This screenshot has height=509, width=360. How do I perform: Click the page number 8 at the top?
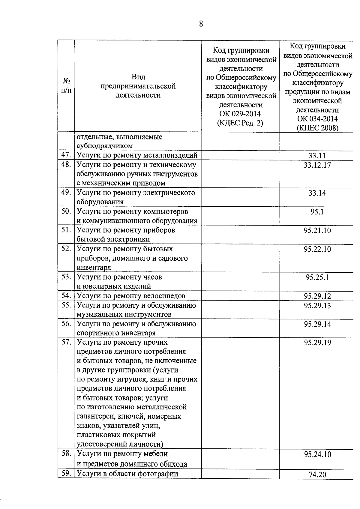(x=201, y=24)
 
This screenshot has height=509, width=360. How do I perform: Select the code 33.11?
(x=317, y=155)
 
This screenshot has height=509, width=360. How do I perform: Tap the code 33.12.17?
(x=317, y=165)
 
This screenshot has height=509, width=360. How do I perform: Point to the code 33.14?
(x=317, y=193)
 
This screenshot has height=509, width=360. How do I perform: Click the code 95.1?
(x=317, y=212)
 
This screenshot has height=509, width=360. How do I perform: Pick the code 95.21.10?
(x=317, y=230)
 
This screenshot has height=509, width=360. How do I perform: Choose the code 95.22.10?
(x=317, y=249)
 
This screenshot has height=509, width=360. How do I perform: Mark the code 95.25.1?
(x=317, y=277)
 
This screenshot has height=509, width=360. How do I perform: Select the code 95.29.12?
(x=317, y=296)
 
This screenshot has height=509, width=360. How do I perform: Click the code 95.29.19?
(x=317, y=343)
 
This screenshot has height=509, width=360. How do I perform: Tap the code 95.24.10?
(x=317, y=454)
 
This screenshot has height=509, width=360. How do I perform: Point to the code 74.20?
(x=317, y=475)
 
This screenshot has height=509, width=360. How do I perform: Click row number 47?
(x=66, y=155)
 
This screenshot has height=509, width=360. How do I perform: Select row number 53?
(x=66, y=277)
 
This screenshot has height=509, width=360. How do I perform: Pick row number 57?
(x=66, y=342)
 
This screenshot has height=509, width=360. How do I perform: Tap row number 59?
(x=66, y=473)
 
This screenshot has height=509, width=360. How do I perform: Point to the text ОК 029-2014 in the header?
(x=240, y=114)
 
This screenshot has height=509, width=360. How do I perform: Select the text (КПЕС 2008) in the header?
(x=317, y=128)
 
